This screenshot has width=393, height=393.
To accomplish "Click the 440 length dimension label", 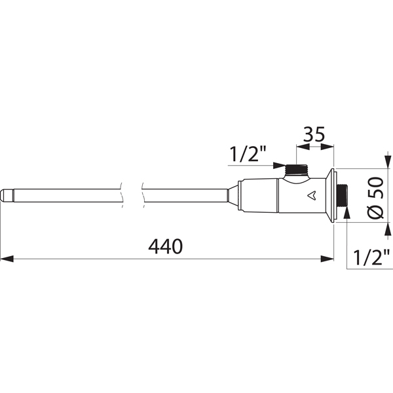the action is click(x=166, y=246).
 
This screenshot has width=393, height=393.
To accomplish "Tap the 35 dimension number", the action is click(x=314, y=134).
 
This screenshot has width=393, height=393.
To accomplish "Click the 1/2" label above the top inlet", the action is click(x=248, y=154).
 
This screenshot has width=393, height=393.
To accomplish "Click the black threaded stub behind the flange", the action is click(x=341, y=195).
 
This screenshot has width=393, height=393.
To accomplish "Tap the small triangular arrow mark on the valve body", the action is click(x=312, y=196).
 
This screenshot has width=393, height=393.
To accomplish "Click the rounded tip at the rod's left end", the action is click(x=5, y=195).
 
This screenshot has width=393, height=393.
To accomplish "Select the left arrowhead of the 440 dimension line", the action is click(x=7, y=259).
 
